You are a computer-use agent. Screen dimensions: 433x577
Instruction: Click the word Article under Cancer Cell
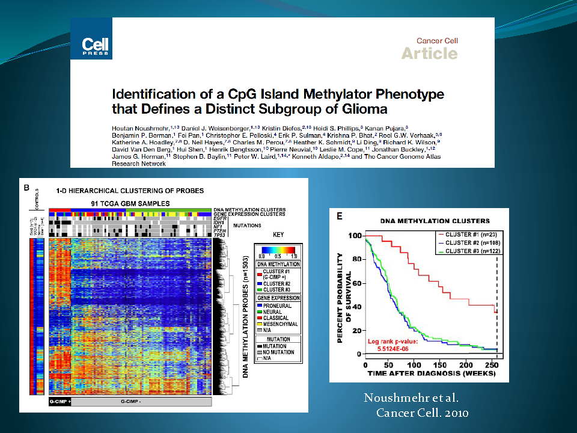coord(429,54)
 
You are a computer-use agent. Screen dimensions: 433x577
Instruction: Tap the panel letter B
coord(26,187)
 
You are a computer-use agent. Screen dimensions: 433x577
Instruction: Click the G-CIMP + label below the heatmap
coord(60,401)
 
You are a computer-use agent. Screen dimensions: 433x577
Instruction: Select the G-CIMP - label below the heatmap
coord(140,401)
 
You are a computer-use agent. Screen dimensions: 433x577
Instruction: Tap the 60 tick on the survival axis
coord(357,282)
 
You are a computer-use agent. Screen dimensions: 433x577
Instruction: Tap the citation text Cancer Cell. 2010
coord(422,413)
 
